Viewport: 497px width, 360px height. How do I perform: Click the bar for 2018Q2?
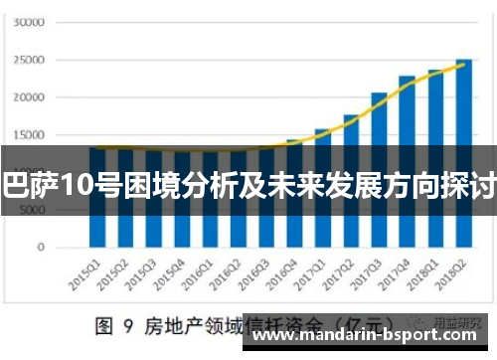[x=463, y=149]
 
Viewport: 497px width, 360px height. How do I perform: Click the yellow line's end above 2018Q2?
[x=464, y=63]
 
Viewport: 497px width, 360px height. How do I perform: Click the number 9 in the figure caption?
[x=129, y=324]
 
